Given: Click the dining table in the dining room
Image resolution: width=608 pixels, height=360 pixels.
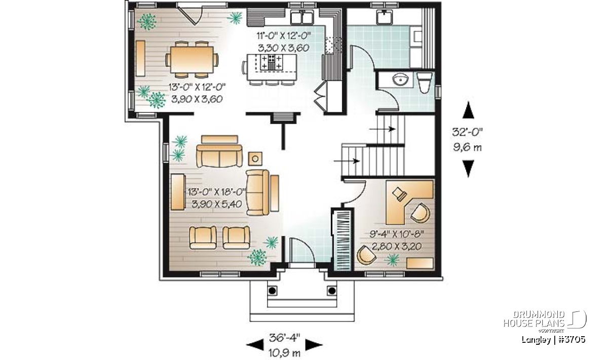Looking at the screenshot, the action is click(x=192, y=60).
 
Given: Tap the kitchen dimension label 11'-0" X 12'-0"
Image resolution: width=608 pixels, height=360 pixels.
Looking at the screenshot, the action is click(x=284, y=36).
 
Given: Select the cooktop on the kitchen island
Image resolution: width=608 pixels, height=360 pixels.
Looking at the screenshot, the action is click(x=272, y=62).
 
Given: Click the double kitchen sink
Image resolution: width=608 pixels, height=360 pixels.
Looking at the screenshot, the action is click(x=302, y=17).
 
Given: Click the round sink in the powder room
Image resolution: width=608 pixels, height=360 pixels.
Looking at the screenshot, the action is click(x=400, y=79).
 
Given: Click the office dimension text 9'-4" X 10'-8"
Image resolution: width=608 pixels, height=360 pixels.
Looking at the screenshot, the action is click(x=397, y=233).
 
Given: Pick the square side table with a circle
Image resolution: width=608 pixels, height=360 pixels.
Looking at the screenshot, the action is click(x=255, y=158).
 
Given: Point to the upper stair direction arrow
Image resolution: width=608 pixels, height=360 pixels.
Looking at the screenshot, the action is click(x=382, y=129).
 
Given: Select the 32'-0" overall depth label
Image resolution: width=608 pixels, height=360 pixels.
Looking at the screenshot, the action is click(x=467, y=132).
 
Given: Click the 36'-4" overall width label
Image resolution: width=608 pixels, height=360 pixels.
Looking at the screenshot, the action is click(x=284, y=338).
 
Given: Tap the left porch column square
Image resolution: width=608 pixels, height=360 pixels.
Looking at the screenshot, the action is click(x=272, y=291).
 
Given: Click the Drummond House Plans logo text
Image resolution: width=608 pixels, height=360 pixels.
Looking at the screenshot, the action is click(x=534, y=319).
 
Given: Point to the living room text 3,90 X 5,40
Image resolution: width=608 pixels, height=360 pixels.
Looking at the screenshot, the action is click(x=217, y=204).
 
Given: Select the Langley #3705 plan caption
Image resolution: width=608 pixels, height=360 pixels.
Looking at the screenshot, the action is click(x=553, y=340).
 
